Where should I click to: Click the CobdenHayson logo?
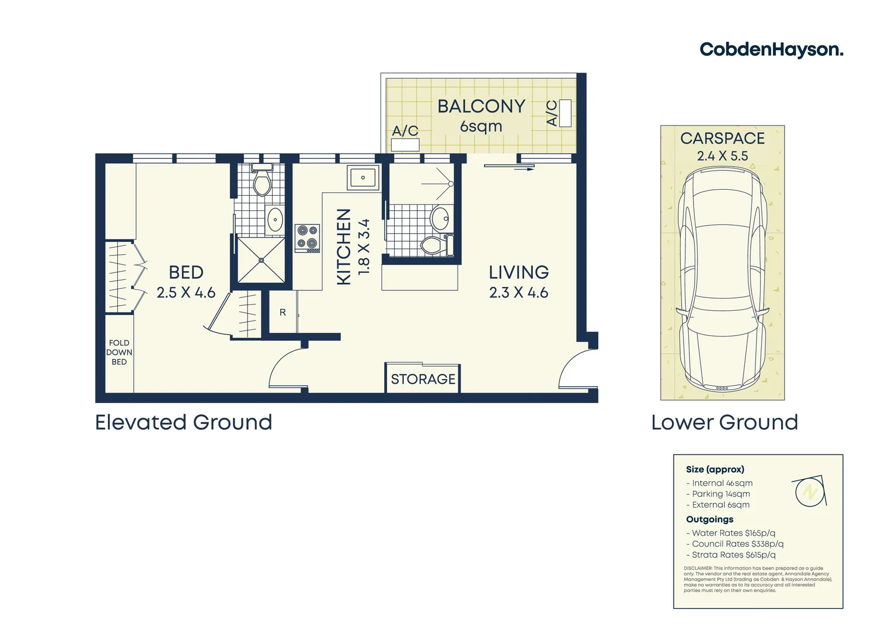click(771, 50)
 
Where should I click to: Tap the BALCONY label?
click(481, 106)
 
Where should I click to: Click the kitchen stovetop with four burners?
click(307, 238)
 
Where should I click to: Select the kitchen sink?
click(363, 178)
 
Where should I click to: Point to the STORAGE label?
click(423, 379)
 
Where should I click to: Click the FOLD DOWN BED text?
click(119, 352)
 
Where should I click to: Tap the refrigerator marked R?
click(283, 313)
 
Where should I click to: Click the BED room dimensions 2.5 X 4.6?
click(186, 293)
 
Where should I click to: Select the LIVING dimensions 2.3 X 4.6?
click(518, 293)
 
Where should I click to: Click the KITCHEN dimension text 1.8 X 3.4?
click(364, 247)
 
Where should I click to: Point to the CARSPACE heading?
click(722, 138)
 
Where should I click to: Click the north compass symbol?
click(810, 492)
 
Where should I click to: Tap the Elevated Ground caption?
click(183, 422)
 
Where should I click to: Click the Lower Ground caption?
click(724, 422)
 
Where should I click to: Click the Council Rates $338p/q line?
click(734, 544)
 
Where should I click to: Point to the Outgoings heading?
click(709, 519)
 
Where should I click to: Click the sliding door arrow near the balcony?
click(509, 168)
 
